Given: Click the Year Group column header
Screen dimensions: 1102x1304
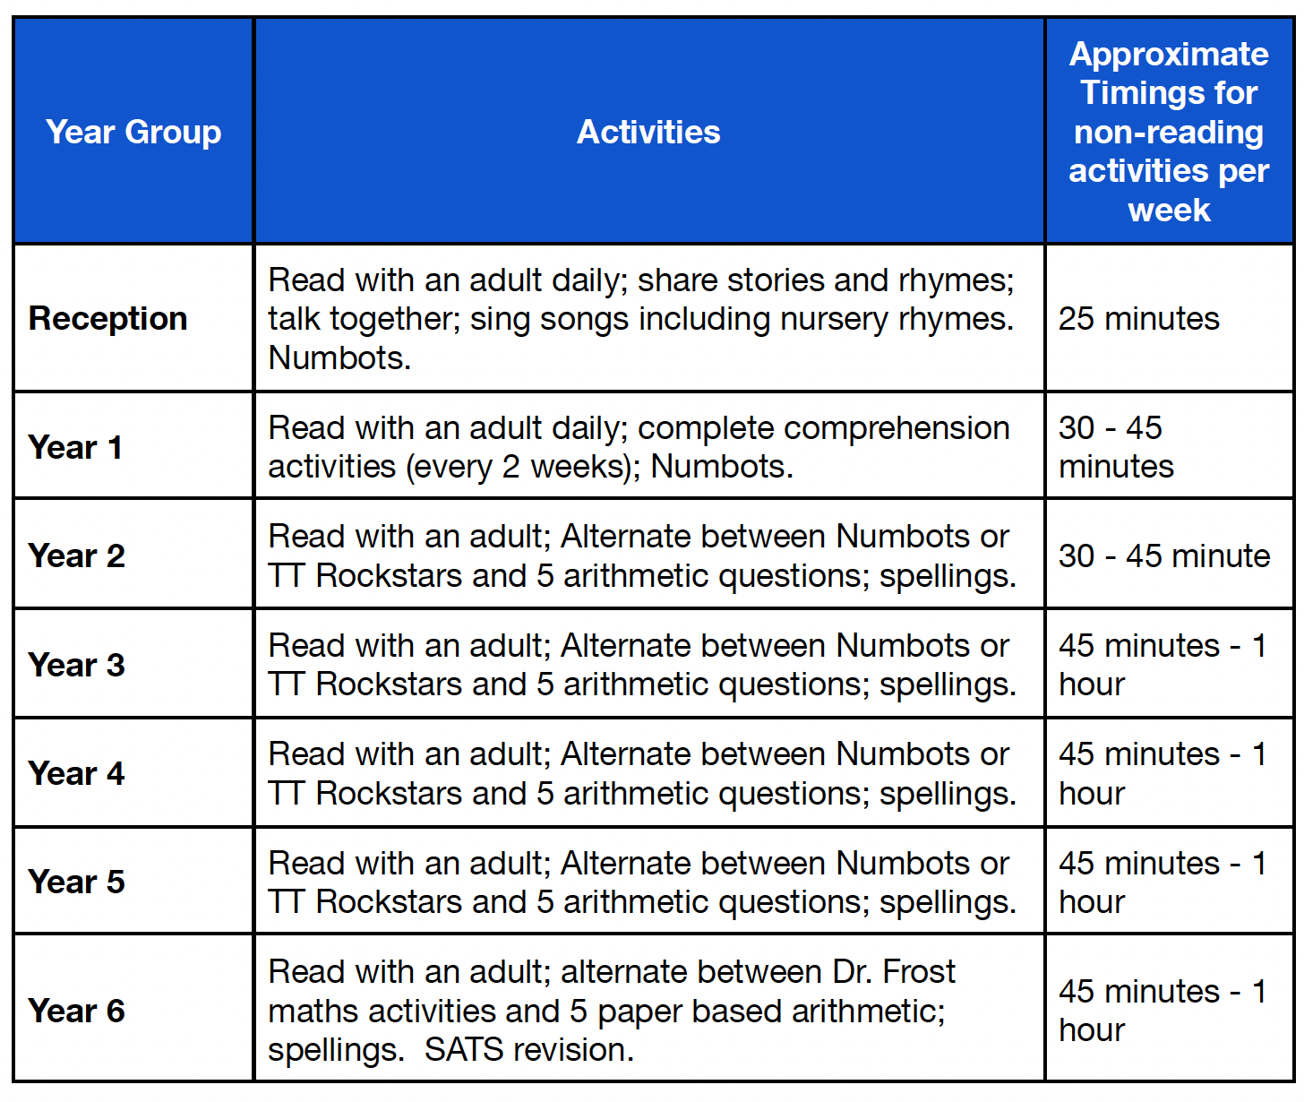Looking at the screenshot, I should click(x=133, y=132).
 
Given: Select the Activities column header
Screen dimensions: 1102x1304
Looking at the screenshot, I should click(x=648, y=132).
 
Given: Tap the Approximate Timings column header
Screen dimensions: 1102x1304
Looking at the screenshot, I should click(x=1169, y=132).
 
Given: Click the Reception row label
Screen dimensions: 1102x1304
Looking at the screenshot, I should click(x=108, y=318).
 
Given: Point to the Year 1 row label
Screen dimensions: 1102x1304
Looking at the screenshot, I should click(x=75, y=446).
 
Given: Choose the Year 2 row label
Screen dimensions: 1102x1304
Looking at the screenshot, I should click(x=77, y=555).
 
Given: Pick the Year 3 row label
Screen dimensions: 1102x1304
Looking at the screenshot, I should click(x=77, y=665).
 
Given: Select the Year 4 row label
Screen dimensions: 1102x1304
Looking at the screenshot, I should click(x=77, y=773).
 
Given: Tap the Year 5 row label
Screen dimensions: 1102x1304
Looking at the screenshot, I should click(x=77, y=882).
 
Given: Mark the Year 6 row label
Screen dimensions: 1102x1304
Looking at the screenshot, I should click(x=77, y=1011).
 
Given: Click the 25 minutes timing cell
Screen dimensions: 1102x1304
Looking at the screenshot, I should click(x=1139, y=318).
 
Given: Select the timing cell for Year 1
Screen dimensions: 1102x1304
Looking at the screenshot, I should click(x=1117, y=446).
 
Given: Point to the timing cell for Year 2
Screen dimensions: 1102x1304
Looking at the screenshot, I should click(x=1164, y=555).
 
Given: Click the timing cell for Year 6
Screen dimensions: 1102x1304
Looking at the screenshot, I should click(x=1162, y=1011).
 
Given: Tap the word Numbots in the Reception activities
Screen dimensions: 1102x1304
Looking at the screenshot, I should click(x=339, y=357).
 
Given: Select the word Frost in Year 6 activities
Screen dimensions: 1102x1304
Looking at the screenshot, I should click(x=919, y=971).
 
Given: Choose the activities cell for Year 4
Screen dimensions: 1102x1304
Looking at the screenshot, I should click(x=642, y=773).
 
